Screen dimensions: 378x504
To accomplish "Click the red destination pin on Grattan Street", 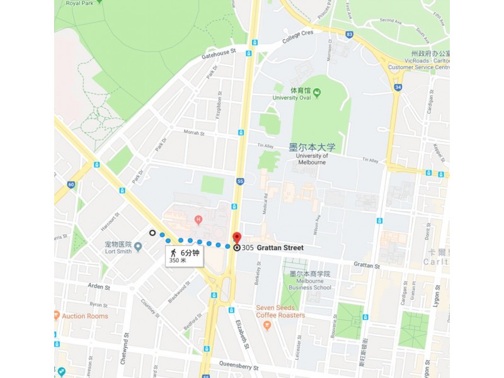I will (x=237, y=238).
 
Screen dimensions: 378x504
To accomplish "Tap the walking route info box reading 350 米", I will (x=185, y=256).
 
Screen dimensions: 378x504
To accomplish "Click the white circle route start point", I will (x=152, y=233).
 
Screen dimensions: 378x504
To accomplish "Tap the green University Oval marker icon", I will (x=317, y=93).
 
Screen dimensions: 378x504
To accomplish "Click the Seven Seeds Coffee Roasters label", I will (x=280, y=311).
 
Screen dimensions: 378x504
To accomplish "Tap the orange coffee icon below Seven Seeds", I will (x=267, y=325).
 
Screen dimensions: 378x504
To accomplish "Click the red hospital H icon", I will (x=198, y=220).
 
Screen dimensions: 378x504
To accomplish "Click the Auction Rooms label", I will (x=85, y=316).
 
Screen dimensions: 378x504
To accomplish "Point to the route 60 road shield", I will (x=71, y=185).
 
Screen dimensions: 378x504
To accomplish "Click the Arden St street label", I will (x=98, y=287).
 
